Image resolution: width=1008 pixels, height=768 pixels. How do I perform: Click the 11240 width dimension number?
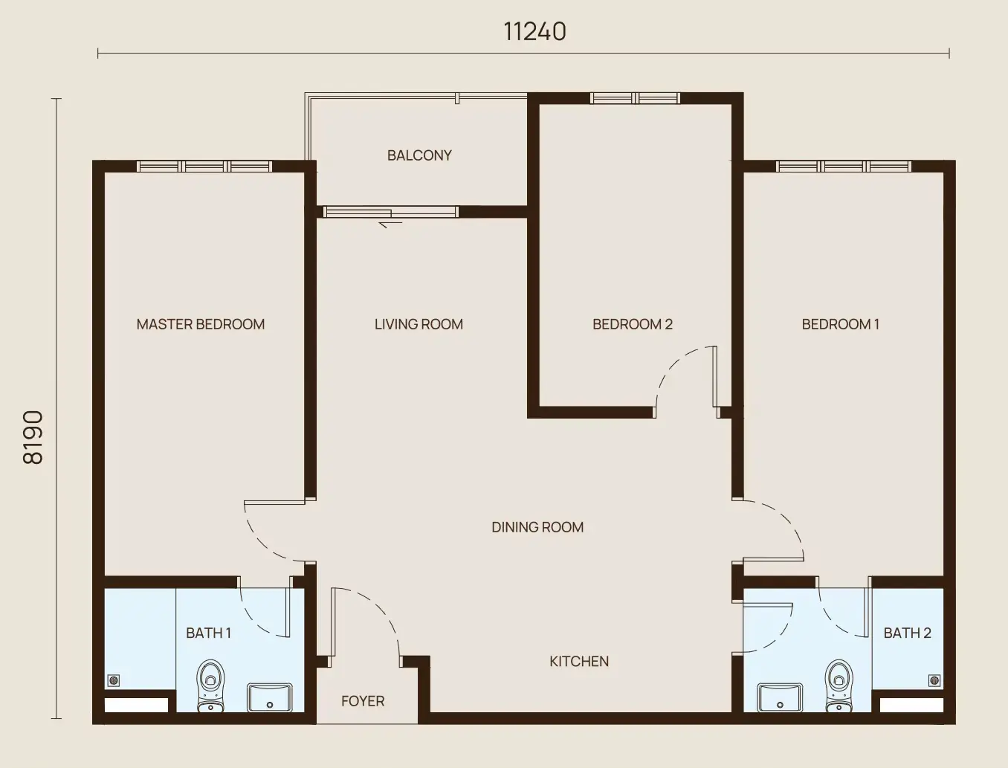[535, 32]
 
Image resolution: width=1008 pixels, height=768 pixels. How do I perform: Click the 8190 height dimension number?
[33, 437]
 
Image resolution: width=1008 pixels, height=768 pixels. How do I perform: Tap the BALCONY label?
[419, 155]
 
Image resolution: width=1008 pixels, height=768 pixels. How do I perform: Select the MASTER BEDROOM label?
[201, 324]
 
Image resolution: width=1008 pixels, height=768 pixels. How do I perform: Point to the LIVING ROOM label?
[419, 324]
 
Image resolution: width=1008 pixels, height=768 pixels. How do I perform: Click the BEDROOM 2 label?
[633, 324]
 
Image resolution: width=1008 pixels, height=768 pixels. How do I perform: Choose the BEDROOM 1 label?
[841, 324]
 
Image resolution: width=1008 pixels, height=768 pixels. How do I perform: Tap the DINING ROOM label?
[537, 527]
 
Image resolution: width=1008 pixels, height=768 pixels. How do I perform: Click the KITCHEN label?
[579, 661]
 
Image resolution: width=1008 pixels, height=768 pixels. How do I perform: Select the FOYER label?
[363, 701]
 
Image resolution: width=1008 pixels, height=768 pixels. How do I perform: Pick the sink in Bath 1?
[270, 697]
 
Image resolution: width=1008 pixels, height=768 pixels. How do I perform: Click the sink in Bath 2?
[781, 697]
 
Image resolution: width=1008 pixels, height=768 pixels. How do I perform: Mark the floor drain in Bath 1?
[114, 680]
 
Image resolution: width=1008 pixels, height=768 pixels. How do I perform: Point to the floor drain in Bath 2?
[934, 680]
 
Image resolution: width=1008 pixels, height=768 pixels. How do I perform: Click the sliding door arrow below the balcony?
[390, 224]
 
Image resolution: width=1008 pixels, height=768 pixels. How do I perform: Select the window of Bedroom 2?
[635, 98]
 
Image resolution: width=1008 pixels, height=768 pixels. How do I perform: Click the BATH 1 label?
[208, 633]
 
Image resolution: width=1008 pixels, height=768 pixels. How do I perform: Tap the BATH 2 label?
[908, 633]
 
